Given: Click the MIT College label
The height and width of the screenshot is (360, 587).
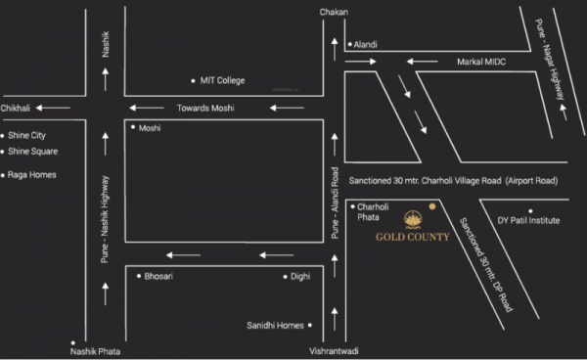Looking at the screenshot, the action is (x=223, y=80).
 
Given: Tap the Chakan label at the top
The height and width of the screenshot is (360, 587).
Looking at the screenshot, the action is (x=334, y=12).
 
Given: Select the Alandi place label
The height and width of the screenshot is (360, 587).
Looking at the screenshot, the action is (x=365, y=44).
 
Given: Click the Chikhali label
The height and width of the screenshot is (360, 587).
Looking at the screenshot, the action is (x=17, y=108).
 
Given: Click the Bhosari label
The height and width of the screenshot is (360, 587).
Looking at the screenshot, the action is (x=158, y=277).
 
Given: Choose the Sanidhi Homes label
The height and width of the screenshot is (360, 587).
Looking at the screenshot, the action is (x=275, y=325).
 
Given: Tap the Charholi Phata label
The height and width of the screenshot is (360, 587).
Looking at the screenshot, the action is (x=373, y=212).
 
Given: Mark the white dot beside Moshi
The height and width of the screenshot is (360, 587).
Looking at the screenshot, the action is (x=133, y=127).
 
